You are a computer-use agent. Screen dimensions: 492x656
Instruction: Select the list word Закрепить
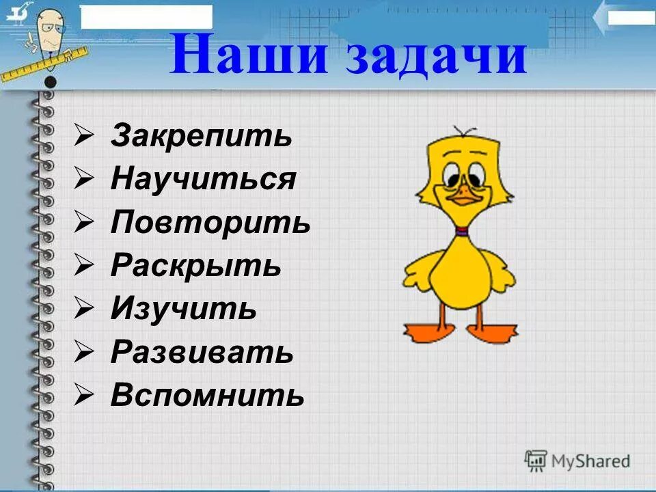pyautogui.click(x=202, y=137)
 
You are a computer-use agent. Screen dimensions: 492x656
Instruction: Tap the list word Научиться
pyautogui.click(x=203, y=180)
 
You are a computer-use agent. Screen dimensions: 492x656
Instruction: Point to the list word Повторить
pyautogui.click(x=210, y=223)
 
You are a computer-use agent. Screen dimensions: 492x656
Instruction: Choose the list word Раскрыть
pyautogui.click(x=195, y=266)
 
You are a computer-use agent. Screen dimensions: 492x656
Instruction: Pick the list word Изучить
pyautogui.click(x=183, y=309)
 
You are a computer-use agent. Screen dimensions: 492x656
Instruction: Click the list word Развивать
pyautogui.click(x=202, y=352)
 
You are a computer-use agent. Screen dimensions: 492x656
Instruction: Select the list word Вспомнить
pyautogui.click(x=207, y=395)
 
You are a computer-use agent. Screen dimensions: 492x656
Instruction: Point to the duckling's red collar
pyautogui.click(x=462, y=232)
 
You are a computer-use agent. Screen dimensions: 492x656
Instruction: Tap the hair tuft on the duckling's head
pyautogui.click(x=464, y=132)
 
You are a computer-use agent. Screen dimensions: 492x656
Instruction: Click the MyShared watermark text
pyautogui.click(x=590, y=461)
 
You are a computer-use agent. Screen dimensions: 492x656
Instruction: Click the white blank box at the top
pyautogui.click(x=146, y=16)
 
